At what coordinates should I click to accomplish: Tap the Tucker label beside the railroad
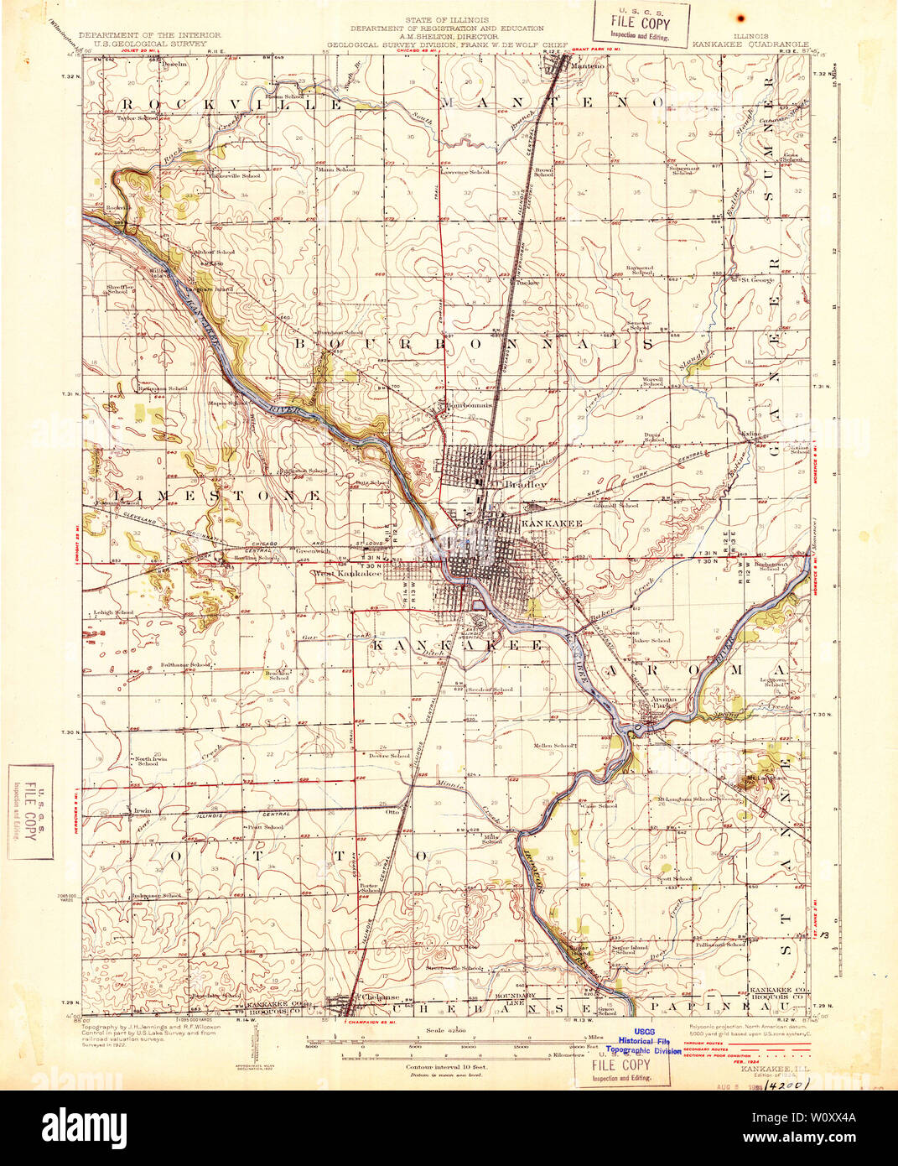click(527, 282)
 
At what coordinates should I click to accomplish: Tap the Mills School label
click(491, 839)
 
